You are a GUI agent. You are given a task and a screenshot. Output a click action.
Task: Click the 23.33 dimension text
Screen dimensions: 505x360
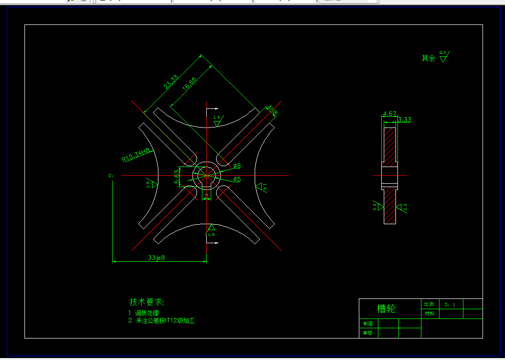point(171,82)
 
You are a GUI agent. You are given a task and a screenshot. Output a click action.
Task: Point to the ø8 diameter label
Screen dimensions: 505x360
point(237,166)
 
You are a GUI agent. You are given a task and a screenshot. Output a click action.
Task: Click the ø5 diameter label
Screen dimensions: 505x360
point(237,179)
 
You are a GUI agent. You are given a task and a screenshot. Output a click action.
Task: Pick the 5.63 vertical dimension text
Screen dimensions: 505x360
point(177,177)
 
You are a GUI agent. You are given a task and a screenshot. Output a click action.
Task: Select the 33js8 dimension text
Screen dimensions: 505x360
point(156,257)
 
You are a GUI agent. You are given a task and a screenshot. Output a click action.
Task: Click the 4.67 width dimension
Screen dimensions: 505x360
point(390,114)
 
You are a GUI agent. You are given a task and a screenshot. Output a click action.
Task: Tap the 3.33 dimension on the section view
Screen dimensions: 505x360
point(404,120)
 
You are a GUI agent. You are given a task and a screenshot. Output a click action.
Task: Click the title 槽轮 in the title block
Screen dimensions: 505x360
point(386,309)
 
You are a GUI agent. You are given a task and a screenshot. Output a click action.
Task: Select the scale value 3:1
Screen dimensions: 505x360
point(450,304)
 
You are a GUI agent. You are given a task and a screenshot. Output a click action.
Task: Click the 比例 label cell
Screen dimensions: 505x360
point(429,304)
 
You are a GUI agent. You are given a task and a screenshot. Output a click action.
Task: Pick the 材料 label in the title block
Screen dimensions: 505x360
point(429,314)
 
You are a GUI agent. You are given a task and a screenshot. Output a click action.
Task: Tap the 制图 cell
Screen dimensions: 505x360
point(367,323)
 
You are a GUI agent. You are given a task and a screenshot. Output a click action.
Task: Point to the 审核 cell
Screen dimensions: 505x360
point(367,333)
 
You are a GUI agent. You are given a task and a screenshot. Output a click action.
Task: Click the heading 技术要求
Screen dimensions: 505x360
point(147,301)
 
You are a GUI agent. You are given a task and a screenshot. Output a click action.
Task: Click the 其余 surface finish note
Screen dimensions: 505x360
point(428,58)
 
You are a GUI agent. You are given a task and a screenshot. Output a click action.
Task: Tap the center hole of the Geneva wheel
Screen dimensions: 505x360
point(206,175)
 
